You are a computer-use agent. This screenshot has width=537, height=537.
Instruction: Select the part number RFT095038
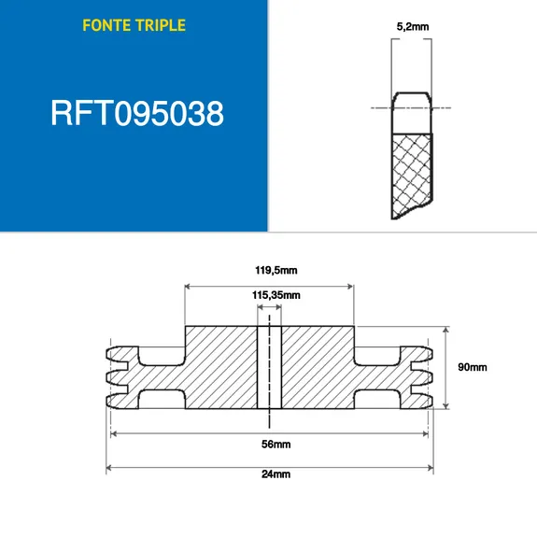(x=135, y=114)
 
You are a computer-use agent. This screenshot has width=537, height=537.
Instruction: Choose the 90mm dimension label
(x=472, y=367)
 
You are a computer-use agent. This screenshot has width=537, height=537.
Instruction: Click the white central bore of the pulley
(x=269, y=367)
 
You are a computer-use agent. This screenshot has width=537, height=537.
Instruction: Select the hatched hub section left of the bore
(x=220, y=367)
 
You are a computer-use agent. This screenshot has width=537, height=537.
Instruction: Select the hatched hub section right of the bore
(x=318, y=367)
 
